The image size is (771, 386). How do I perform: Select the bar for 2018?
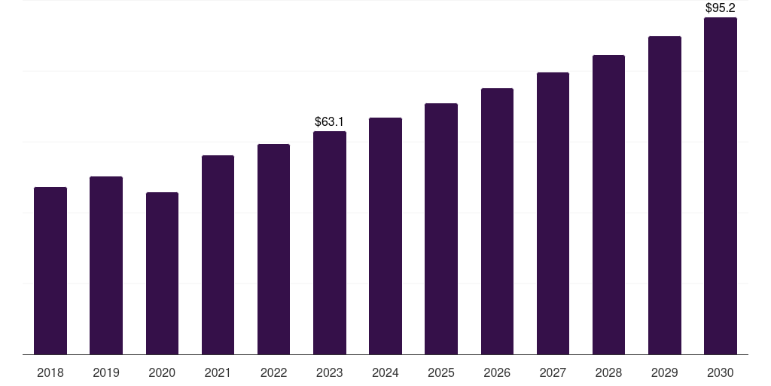pos(50,271)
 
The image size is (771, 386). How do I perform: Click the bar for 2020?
pos(162,273)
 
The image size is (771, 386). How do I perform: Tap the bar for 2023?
pos(330,243)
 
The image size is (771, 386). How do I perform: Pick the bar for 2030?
pos(721,185)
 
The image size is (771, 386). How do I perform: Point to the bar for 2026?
pos(497,221)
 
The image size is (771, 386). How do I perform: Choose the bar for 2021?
pos(218,255)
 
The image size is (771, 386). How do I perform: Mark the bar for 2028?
pos(608,204)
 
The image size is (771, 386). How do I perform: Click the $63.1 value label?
pos(330,121)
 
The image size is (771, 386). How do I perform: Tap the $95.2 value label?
pos(721,8)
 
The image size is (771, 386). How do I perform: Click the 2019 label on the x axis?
pos(106,372)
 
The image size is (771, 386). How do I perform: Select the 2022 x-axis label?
pos(273,372)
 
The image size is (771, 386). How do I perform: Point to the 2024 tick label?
pos(385,372)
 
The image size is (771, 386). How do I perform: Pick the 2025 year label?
pos(441,372)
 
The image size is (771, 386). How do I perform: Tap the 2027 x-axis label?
pos(553,372)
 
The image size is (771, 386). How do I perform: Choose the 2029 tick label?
pos(665,372)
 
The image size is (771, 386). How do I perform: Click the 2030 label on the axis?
pos(721,372)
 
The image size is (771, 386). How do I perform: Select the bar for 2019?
pos(106,265)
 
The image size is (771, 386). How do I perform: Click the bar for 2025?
pos(441,228)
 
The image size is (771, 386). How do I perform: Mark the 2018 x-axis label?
pos(50,372)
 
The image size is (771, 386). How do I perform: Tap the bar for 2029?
pos(665,195)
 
